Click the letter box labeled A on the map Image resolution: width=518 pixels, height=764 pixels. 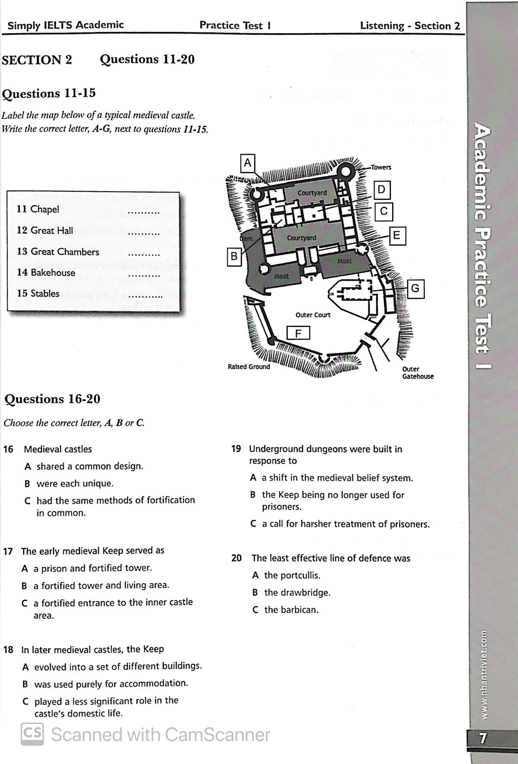248,163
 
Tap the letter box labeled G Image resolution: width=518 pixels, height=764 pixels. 415,289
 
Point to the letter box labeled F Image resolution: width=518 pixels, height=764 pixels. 298,333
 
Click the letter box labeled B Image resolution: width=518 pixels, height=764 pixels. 234,257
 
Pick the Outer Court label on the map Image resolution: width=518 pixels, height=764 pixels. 313,315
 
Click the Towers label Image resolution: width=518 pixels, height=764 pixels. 381,168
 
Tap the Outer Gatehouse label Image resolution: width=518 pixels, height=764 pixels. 418,373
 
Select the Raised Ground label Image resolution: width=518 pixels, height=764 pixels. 248,367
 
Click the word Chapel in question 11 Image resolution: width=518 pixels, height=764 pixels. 45,209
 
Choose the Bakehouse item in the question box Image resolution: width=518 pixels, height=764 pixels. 53,272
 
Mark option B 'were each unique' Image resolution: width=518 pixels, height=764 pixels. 75,484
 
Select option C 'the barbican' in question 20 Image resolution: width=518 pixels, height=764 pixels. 291,610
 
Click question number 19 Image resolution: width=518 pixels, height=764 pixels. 236,449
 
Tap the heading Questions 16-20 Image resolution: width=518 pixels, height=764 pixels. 52,399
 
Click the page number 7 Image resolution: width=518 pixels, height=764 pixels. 483,739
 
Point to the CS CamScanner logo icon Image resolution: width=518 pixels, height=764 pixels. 32,734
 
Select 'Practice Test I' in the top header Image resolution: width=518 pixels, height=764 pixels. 235,25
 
